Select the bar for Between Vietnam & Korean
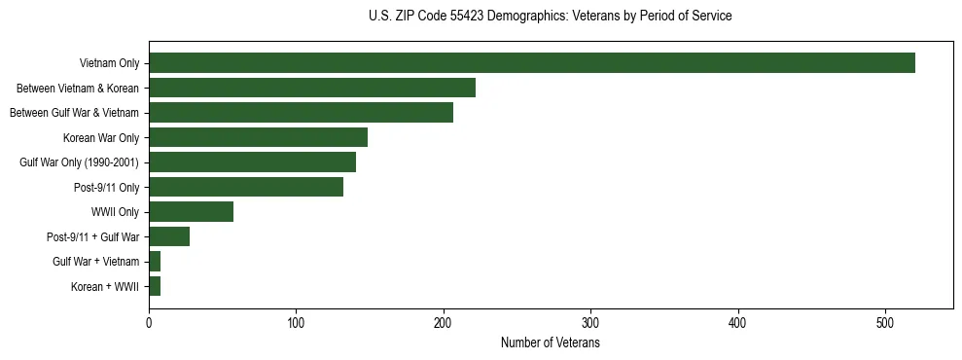click(311, 88)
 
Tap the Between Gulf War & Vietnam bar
click(301, 113)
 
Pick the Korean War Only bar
click(258, 137)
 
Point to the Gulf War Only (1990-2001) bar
click(252, 162)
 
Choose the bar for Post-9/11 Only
click(246, 187)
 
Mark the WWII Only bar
click(191, 212)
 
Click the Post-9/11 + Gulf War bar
click(169, 236)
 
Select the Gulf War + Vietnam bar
click(155, 262)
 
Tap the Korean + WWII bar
click(155, 286)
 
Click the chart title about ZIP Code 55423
click(551, 17)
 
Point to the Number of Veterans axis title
click(551, 343)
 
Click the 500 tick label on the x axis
click(886, 322)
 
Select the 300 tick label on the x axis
click(591, 322)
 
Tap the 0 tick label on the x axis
click(149, 322)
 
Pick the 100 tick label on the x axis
click(297, 322)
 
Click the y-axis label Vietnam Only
click(109, 63)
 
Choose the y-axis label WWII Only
click(115, 212)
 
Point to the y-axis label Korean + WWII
click(105, 286)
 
